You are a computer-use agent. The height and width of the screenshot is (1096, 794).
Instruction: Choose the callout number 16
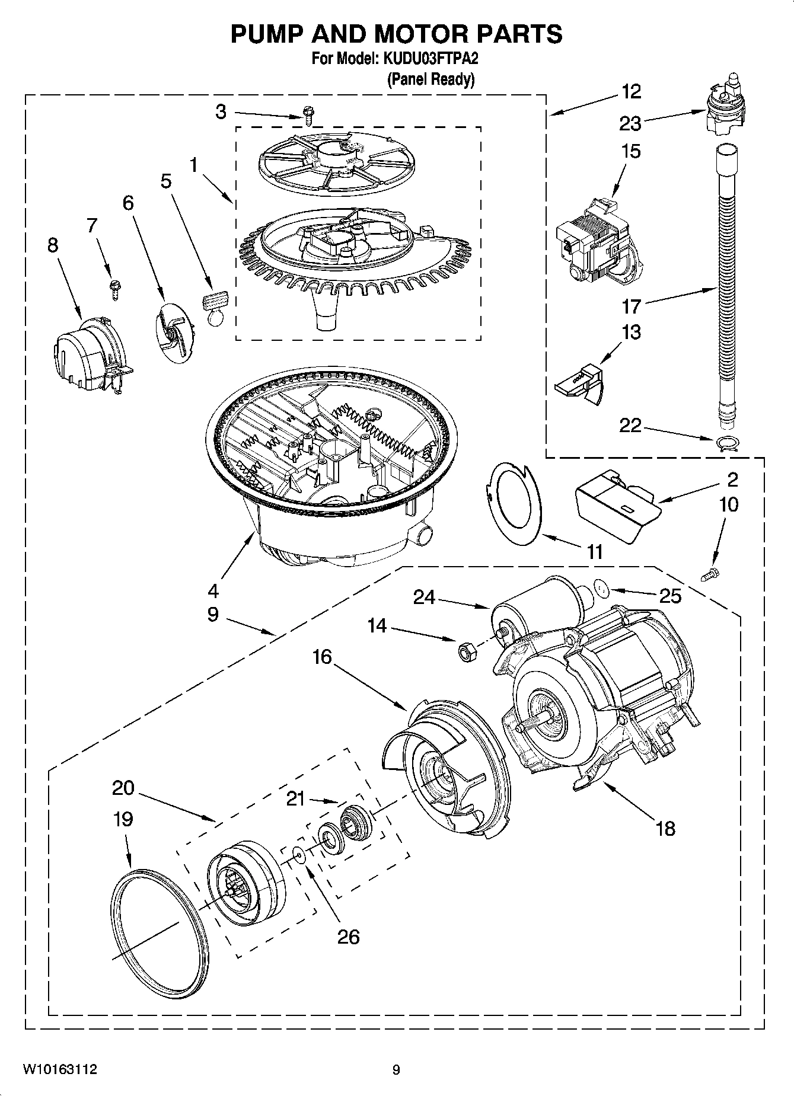click(x=323, y=657)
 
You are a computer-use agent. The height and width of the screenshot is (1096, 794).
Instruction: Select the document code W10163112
click(x=60, y=1070)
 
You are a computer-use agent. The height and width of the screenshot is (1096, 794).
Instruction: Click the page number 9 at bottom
click(x=396, y=1070)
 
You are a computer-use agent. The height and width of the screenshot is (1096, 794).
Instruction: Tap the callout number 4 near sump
click(x=213, y=590)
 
